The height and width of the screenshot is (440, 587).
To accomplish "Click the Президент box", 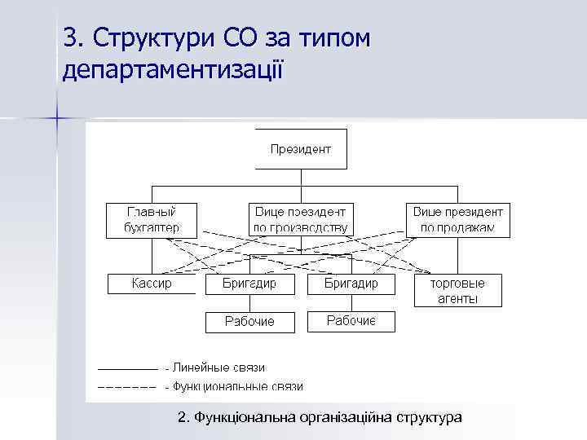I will pos(301,149).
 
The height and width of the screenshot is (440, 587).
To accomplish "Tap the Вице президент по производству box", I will pos(301,220).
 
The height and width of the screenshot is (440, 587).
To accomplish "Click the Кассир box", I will pos(152,284).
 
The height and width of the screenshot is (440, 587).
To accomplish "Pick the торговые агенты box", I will pos(457,291).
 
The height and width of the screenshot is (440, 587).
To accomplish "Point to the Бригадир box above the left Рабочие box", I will pos(249,284).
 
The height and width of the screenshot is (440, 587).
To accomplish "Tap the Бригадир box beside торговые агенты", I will pos(351,284).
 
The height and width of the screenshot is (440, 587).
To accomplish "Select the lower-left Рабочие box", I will pos(249,321).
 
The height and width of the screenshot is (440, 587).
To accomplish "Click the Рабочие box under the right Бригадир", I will pos(351,321).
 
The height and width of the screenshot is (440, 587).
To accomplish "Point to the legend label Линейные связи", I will pos(218,368).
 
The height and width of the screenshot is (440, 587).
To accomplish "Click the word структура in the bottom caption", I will pos(429,417).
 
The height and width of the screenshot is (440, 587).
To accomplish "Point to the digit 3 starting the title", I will pos(68,37).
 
